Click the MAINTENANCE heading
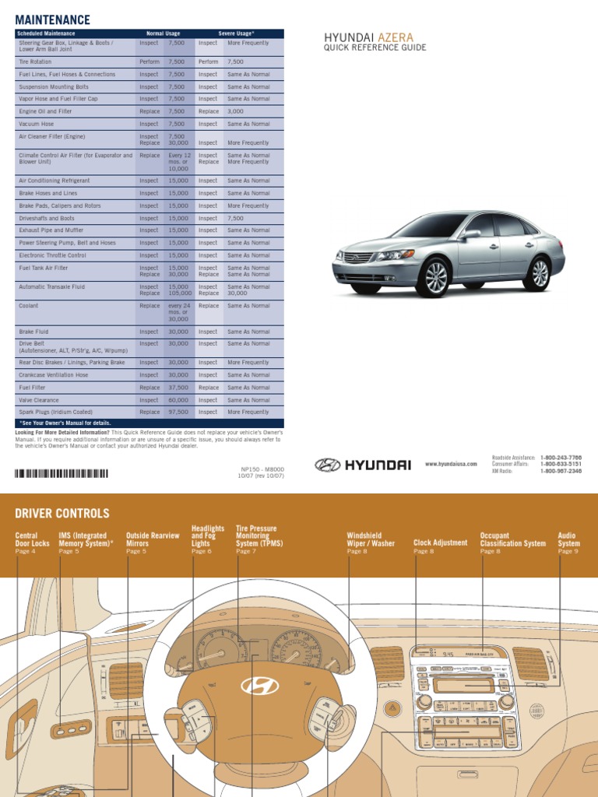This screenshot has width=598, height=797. (x=52, y=19)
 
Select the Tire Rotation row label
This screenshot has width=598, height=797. (x=35, y=61)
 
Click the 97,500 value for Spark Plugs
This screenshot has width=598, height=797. (x=178, y=412)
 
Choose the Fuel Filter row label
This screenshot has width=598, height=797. (x=32, y=387)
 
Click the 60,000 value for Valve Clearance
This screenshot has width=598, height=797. (x=178, y=399)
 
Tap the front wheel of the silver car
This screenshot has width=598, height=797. (x=435, y=277)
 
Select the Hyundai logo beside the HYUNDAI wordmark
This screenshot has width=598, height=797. (x=327, y=465)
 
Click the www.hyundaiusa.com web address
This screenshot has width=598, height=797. (x=451, y=464)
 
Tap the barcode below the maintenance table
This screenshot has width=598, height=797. (x=62, y=472)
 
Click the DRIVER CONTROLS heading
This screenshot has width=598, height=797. (x=62, y=513)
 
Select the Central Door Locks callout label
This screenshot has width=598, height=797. (x=32, y=539)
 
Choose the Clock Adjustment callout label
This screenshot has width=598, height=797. (x=440, y=542)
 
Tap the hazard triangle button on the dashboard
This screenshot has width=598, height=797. (x=393, y=707)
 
